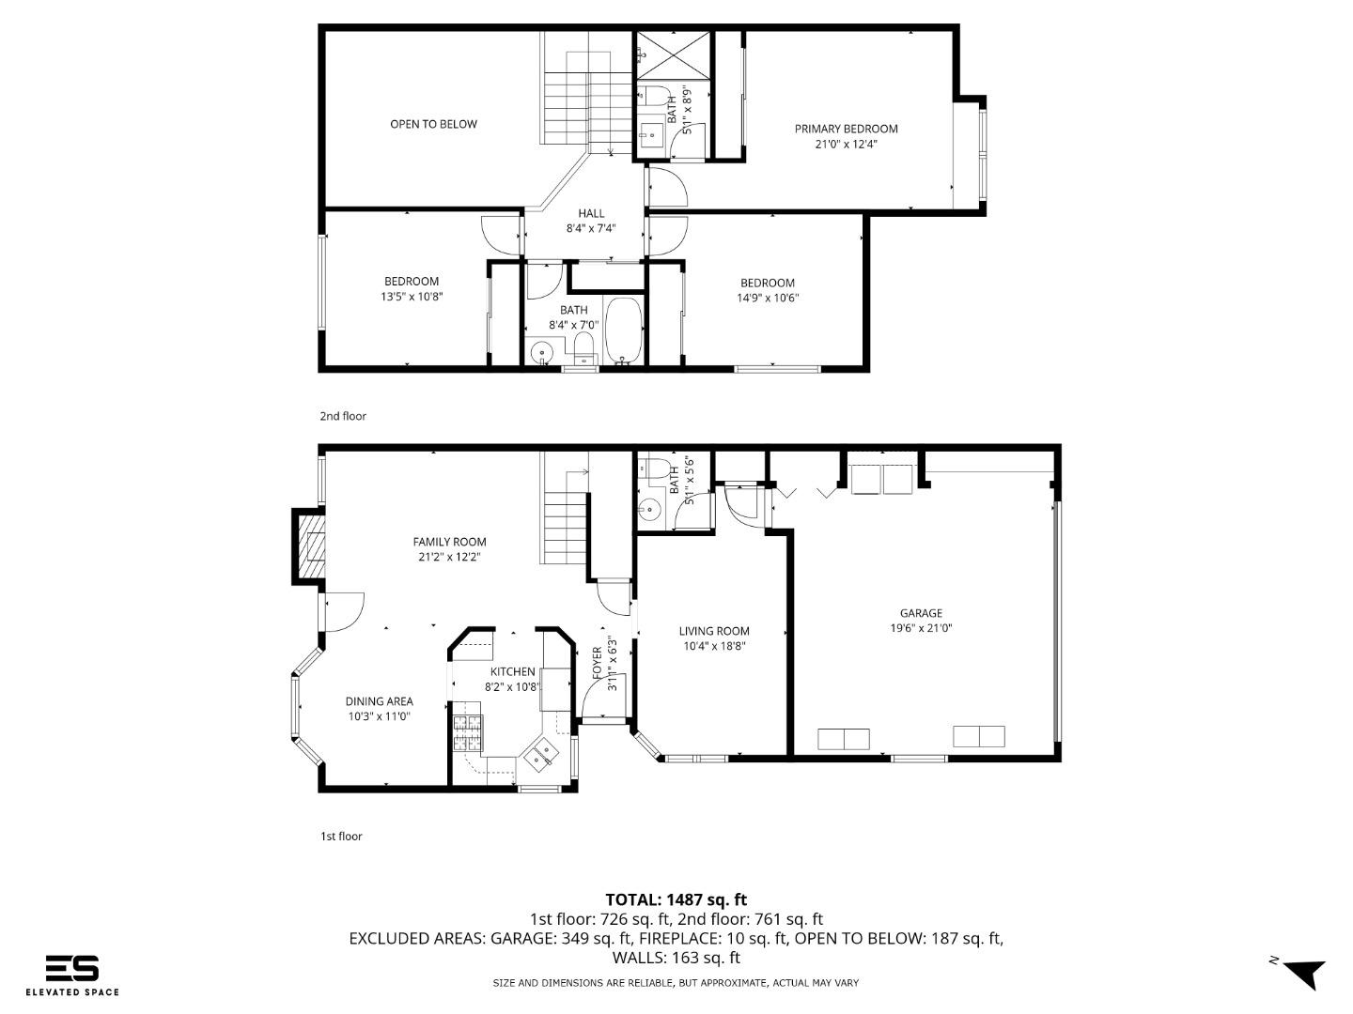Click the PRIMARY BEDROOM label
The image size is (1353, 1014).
846,129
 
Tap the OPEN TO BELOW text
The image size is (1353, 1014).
433,124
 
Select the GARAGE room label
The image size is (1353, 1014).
921,613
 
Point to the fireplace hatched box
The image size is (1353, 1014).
311,546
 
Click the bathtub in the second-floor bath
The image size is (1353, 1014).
623,330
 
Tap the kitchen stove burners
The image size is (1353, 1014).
467,732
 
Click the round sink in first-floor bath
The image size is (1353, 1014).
649,510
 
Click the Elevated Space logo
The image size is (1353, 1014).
72,975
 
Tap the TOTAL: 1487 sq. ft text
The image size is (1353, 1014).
676,899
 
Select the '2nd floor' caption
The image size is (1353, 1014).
343,416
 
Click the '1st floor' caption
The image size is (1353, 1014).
341,836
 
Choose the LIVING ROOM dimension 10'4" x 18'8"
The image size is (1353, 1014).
714,646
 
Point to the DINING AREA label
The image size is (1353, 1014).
379,701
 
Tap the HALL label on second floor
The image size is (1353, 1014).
591,213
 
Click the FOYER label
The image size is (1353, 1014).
597,663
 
